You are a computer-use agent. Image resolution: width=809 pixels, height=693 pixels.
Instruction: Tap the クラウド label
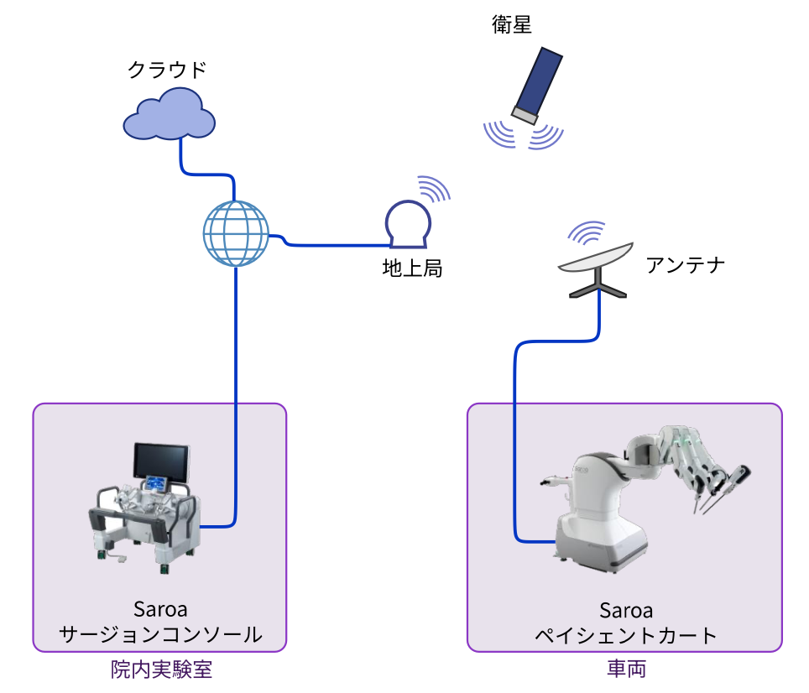click(x=166, y=69)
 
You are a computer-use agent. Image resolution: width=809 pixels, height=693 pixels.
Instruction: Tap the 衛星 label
click(x=512, y=24)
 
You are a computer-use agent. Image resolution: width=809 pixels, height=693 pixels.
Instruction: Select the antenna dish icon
click(x=597, y=261)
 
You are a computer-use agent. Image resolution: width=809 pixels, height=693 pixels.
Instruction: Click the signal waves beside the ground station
click(x=435, y=189)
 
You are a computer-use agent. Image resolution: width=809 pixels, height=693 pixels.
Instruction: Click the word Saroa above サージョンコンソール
click(x=159, y=608)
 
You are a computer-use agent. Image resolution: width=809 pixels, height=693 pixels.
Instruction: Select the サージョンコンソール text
click(x=159, y=634)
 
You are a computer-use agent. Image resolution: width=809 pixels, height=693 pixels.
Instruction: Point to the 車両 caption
click(x=626, y=670)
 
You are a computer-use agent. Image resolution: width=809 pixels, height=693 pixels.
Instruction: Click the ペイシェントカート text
click(x=626, y=634)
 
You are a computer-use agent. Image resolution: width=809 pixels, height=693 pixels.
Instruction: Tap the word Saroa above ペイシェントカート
click(x=626, y=610)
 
